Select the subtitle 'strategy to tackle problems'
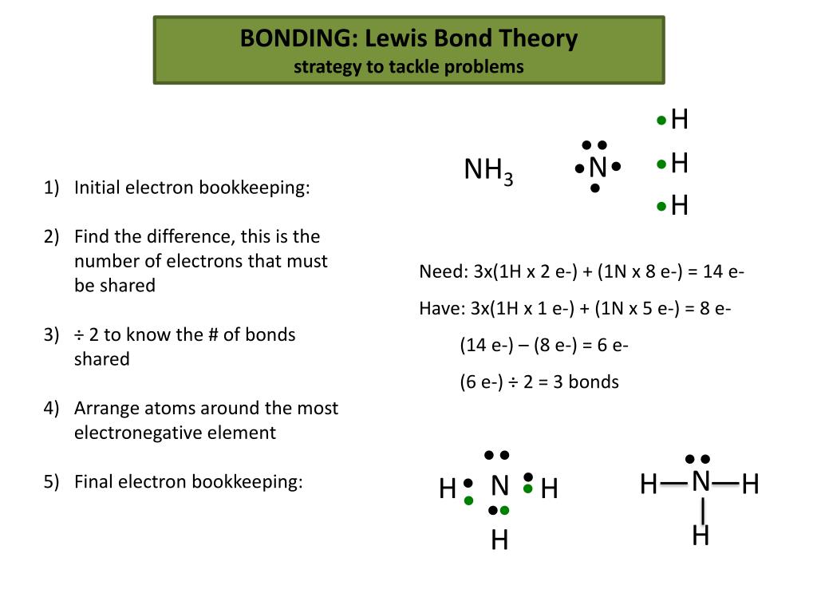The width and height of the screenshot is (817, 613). coord(408,67)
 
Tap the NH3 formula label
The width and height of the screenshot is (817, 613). coord(487,171)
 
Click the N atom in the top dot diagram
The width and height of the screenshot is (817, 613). coord(598,168)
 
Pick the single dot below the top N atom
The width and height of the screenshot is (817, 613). coord(595,188)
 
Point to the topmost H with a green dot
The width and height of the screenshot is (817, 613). coord(679,121)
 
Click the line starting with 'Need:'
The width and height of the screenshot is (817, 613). coord(582,271)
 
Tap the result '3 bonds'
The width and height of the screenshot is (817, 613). coord(591,382)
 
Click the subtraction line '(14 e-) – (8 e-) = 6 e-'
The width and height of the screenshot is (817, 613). coord(544,345)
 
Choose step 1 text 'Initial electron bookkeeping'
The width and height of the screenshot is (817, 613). coord(191,188)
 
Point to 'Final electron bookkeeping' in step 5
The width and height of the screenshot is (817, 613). coord(188,481)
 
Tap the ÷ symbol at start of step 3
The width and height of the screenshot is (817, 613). coord(79,334)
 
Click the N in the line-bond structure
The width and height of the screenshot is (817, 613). coord(701,481)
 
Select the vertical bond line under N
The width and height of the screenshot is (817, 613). coord(702,509)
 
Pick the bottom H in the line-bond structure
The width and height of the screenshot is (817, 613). coord(701,536)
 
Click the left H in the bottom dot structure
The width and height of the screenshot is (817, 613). coord(448,488)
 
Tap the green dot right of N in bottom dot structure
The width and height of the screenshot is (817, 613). coord(527,488)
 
